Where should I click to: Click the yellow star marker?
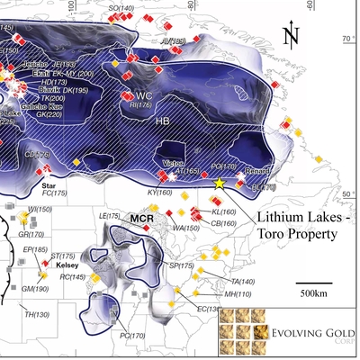[219, 183]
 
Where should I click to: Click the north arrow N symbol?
[290, 36]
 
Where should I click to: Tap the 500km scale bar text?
[313, 294]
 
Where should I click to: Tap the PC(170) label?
[131, 336]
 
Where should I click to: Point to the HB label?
[163, 121]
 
